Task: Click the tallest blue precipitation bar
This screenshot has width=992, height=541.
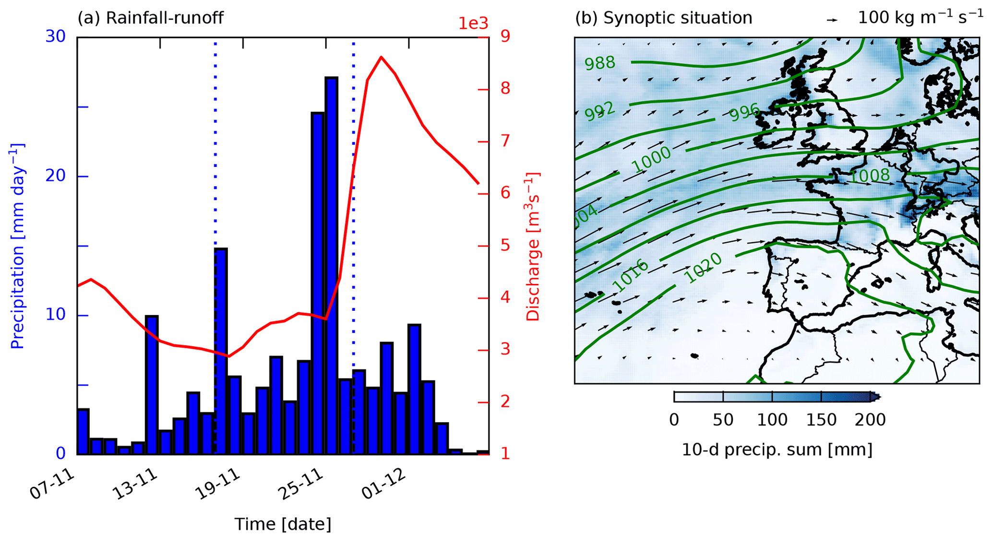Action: [x=331, y=265]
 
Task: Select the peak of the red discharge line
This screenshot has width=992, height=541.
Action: [x=381, y=57]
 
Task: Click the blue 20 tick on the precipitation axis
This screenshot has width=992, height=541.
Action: [x=56, y=176]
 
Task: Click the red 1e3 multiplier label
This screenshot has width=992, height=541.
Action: [x=473, y=23]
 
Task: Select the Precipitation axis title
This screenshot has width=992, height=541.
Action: [x=17, y=246]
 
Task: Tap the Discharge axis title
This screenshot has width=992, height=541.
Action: [x=533, y=247]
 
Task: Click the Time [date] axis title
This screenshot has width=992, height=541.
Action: [x=283, y=524]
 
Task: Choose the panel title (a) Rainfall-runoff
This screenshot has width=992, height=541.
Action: [x=151, y=18]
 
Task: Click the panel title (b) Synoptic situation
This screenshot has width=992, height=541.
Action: [x=663, y=18]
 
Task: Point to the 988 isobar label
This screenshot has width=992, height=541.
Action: [x=600, y=63]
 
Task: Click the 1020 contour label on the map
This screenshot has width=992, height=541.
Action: [x=703, y=267]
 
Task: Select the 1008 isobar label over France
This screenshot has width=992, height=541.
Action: [x=870, y=176]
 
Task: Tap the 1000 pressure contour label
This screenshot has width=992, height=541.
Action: [x=651, y=159]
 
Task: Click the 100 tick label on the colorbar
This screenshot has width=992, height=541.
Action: [x=772, y=420]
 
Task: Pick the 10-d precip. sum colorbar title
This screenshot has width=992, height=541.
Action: [x=777, y=449]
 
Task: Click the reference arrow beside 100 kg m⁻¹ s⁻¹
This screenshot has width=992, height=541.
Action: [x=832, y=20]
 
